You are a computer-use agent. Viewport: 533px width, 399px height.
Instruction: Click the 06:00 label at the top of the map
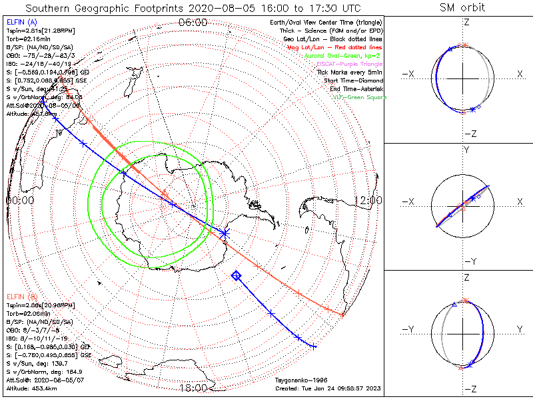(x=193, y=23)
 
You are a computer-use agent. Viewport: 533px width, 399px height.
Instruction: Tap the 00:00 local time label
(x=20, y=199)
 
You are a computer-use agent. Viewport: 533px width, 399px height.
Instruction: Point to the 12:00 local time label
(x=368, y=199)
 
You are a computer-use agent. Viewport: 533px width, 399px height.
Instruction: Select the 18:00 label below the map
(x=193, y=388)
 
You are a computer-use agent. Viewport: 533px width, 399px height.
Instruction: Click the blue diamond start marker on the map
(x=236, y=275)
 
